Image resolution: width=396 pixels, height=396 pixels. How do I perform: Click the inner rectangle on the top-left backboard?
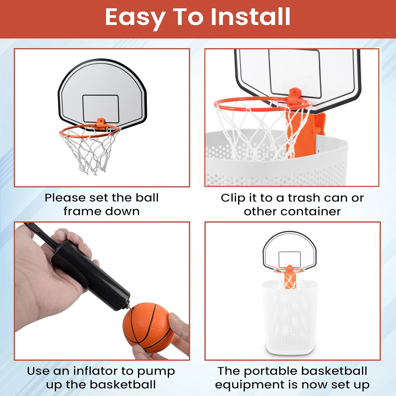click(101, 109)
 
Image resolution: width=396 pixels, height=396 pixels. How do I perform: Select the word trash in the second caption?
click(304, 198)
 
